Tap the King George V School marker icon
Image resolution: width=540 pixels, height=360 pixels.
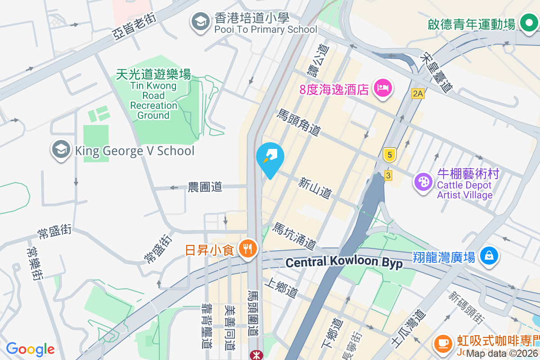[61, 150]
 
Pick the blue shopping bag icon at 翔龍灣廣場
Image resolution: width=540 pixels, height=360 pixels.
[488, 256]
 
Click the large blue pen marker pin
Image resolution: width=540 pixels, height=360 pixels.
[270, 158]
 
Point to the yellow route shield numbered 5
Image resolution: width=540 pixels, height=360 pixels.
[389, 155]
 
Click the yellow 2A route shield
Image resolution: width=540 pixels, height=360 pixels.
[418, 94]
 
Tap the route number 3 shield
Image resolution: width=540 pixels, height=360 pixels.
[388, 175]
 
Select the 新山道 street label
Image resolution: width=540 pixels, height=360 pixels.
[315, 188]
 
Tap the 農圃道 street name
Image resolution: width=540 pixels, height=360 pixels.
[205, 187]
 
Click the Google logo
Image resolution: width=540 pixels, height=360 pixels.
[30, 349]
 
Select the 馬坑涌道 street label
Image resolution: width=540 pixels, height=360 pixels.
[295, 236]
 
